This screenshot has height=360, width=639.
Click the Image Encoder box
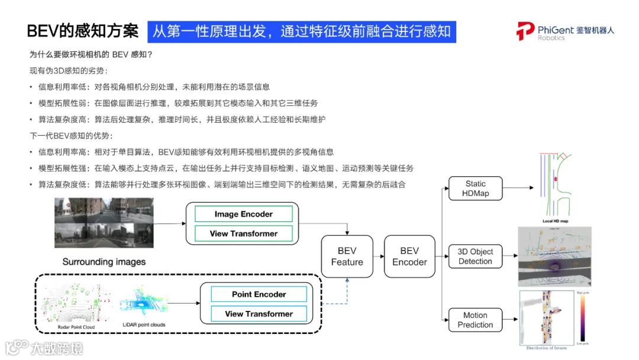tap(243, 214)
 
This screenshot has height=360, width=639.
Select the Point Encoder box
tap(259, 294)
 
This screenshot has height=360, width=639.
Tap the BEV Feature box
tap(347, 256)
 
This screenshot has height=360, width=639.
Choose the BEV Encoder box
tap(409, 256)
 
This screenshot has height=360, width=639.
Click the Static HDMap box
tap(475, 188)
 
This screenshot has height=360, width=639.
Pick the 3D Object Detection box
tap(475, 256)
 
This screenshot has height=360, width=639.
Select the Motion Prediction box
tap(475, 320)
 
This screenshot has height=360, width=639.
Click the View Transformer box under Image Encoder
tap(243, 233)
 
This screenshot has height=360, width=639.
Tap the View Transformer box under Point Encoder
tap(259, 314)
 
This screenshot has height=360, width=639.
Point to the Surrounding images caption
tap(104, 261)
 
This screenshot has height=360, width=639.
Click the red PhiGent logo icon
tap(525, 31)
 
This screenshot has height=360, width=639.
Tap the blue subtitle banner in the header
tap(302, 31)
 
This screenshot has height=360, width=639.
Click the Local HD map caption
tap(555, 221)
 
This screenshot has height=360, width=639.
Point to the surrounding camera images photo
tap(104, 223)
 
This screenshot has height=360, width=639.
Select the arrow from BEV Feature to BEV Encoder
tap(377, 256)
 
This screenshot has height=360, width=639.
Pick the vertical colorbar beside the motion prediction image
tap(582, 317)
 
